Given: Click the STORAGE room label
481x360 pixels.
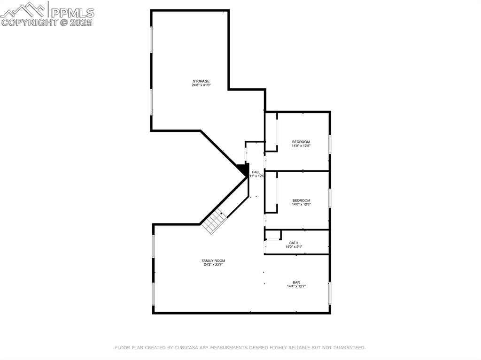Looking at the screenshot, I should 201,81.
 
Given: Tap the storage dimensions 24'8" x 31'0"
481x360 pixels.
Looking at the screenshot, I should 201,85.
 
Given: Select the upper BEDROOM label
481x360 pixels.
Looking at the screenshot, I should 301,142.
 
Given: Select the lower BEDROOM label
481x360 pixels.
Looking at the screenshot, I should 301,200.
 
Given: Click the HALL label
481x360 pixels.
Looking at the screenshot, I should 256,172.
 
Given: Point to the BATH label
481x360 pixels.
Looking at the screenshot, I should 294,243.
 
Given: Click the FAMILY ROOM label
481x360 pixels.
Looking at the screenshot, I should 213,260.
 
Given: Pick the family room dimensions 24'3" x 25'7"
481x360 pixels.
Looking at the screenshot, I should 213,265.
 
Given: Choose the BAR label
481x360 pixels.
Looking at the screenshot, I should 296,282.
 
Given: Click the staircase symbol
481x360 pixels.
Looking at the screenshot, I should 215,222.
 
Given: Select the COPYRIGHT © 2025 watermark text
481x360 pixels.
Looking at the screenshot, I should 47,22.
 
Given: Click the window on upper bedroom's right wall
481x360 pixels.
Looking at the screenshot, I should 330,144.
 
